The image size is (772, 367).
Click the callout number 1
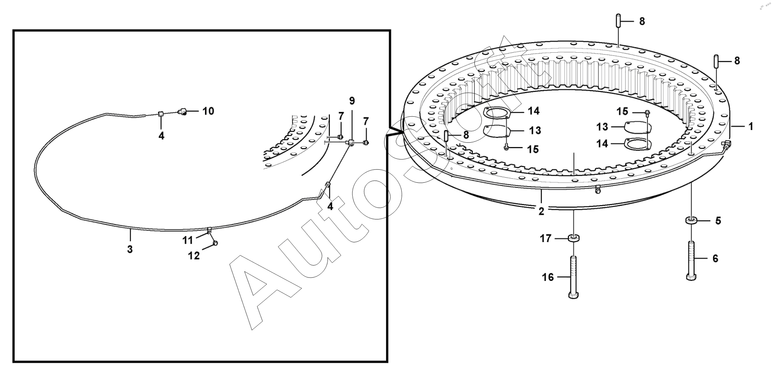[x=750, y=127]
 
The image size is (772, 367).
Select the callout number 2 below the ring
[x=541, y=211]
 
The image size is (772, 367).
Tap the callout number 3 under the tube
[x=130, y=249]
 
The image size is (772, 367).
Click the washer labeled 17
[x=573, y=238]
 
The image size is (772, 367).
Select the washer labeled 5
[x=692, y=220]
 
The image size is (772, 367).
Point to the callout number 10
[x=208, y=111]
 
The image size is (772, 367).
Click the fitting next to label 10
[x=182, y=112]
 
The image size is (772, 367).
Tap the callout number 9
[x=352, y=101]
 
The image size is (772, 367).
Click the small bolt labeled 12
[x=215, y=244]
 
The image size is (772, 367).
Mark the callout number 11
[x=188, y=240]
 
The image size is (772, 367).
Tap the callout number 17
[x=545, y=238]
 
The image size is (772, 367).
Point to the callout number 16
[x=548, y=277]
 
